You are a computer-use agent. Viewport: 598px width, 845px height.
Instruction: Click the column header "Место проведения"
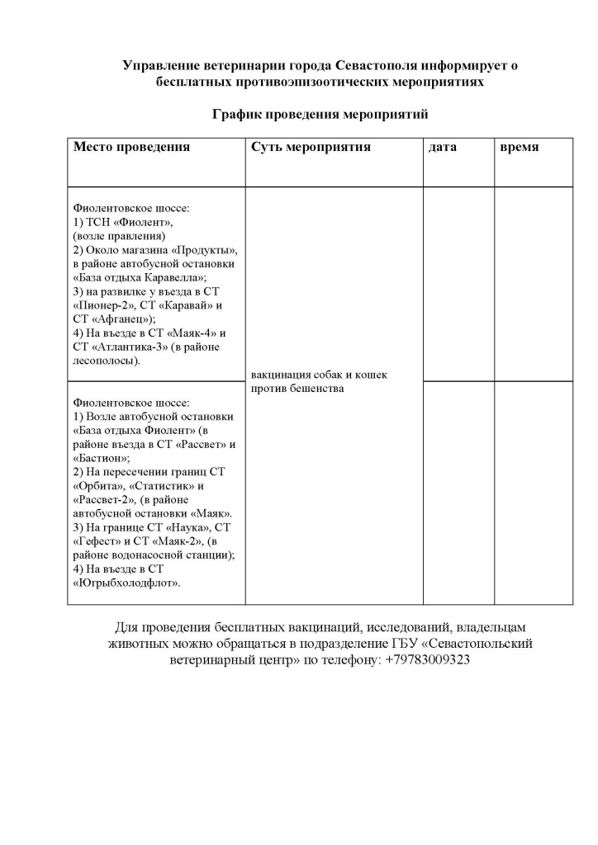[132, 148]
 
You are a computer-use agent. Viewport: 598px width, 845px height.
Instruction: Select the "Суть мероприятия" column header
[311, 148]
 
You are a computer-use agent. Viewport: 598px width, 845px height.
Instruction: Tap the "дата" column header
[443, 148]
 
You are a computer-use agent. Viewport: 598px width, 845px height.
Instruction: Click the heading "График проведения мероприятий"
[320, 115]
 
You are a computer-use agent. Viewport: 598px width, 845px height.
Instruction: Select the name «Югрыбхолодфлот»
[127, 583]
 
